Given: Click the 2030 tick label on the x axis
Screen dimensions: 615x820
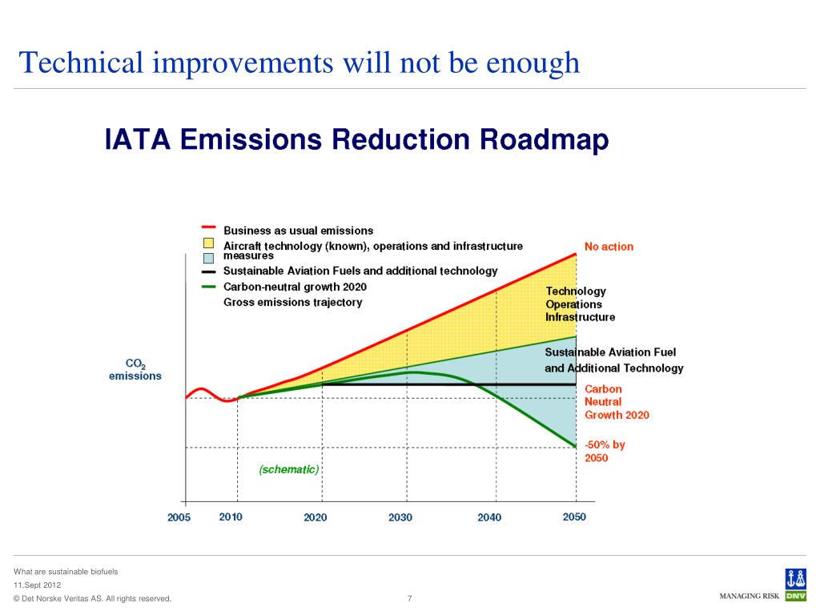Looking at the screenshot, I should tap(400, 517).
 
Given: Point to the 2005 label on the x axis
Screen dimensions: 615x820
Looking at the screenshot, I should tap(179, 517).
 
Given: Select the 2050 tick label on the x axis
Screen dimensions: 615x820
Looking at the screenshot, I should tap(574, 517).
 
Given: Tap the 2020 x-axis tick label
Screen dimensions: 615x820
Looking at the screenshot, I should tap(316, 517).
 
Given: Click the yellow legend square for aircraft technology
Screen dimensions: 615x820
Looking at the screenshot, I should tap(208, 243).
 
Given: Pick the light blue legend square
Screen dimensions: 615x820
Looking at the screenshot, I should tap(208, 258).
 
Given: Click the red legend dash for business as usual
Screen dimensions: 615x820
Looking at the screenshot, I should tap(208, 227).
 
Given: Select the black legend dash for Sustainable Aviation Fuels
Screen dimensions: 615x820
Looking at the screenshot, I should tap(208, 271).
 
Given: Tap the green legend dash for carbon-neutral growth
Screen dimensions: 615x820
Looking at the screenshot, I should tap(208, 287).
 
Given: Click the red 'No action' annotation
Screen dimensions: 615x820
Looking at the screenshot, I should tap(609, 247).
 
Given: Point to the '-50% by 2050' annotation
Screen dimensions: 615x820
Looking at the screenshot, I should tap(605, 452).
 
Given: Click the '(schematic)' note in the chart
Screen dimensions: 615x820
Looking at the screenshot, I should tap(288, 470).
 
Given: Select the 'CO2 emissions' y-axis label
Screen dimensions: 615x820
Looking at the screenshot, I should tap(135, 370).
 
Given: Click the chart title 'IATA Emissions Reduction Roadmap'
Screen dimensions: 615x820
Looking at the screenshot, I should tap(357, 141).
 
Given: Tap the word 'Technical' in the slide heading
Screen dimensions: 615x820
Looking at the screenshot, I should tap(81, 62).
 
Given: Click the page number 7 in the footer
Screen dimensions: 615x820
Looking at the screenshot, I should tap(410, 598).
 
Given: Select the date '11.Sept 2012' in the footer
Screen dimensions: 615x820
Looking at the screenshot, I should tap(37, 585).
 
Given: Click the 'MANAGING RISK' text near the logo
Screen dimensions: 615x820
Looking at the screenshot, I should tap(750, 597).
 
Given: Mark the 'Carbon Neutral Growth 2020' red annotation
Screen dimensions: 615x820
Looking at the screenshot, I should tap(617, 402).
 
